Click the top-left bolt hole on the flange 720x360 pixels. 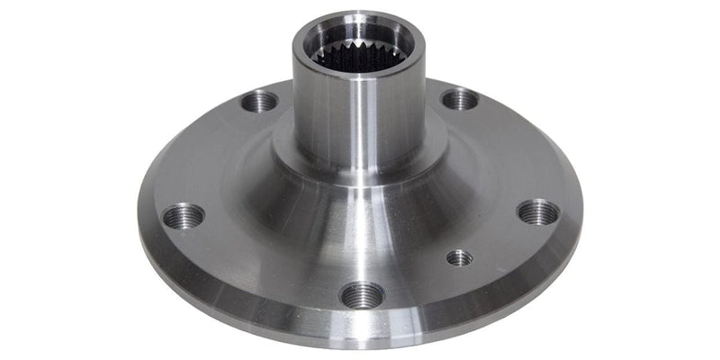260,101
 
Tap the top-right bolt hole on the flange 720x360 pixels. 460,98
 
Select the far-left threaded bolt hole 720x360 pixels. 184,216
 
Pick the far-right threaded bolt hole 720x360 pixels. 538,212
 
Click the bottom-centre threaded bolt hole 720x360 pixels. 364,294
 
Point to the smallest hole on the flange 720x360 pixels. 459,257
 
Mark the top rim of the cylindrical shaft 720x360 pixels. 358,19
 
